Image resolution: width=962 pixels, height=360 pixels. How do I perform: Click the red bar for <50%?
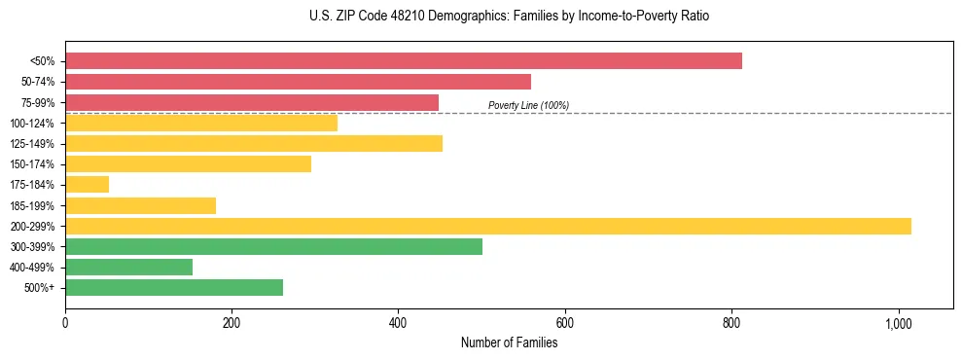tap(404, 60)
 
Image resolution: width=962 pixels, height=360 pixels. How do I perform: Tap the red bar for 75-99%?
tap(252, 102)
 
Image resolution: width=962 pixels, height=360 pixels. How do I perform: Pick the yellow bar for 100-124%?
tap(201, 123)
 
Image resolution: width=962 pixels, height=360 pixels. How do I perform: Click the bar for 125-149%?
tap(254, 144)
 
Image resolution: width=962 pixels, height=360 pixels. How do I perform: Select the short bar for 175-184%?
tap(87, 184)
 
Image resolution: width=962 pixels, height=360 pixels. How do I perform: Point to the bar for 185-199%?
tap(140, 205)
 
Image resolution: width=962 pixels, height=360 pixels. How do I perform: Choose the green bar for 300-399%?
tap(273, 246)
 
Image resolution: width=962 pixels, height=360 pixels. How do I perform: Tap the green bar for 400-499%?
tap(128, 267)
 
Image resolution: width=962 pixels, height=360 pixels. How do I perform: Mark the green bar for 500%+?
tap(174, 287)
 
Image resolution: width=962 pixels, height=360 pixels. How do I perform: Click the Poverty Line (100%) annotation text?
tap(528, 105)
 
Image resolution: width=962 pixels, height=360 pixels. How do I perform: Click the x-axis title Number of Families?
tap(509, 342)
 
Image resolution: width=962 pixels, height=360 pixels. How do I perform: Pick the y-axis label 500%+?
tap(40, 287)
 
